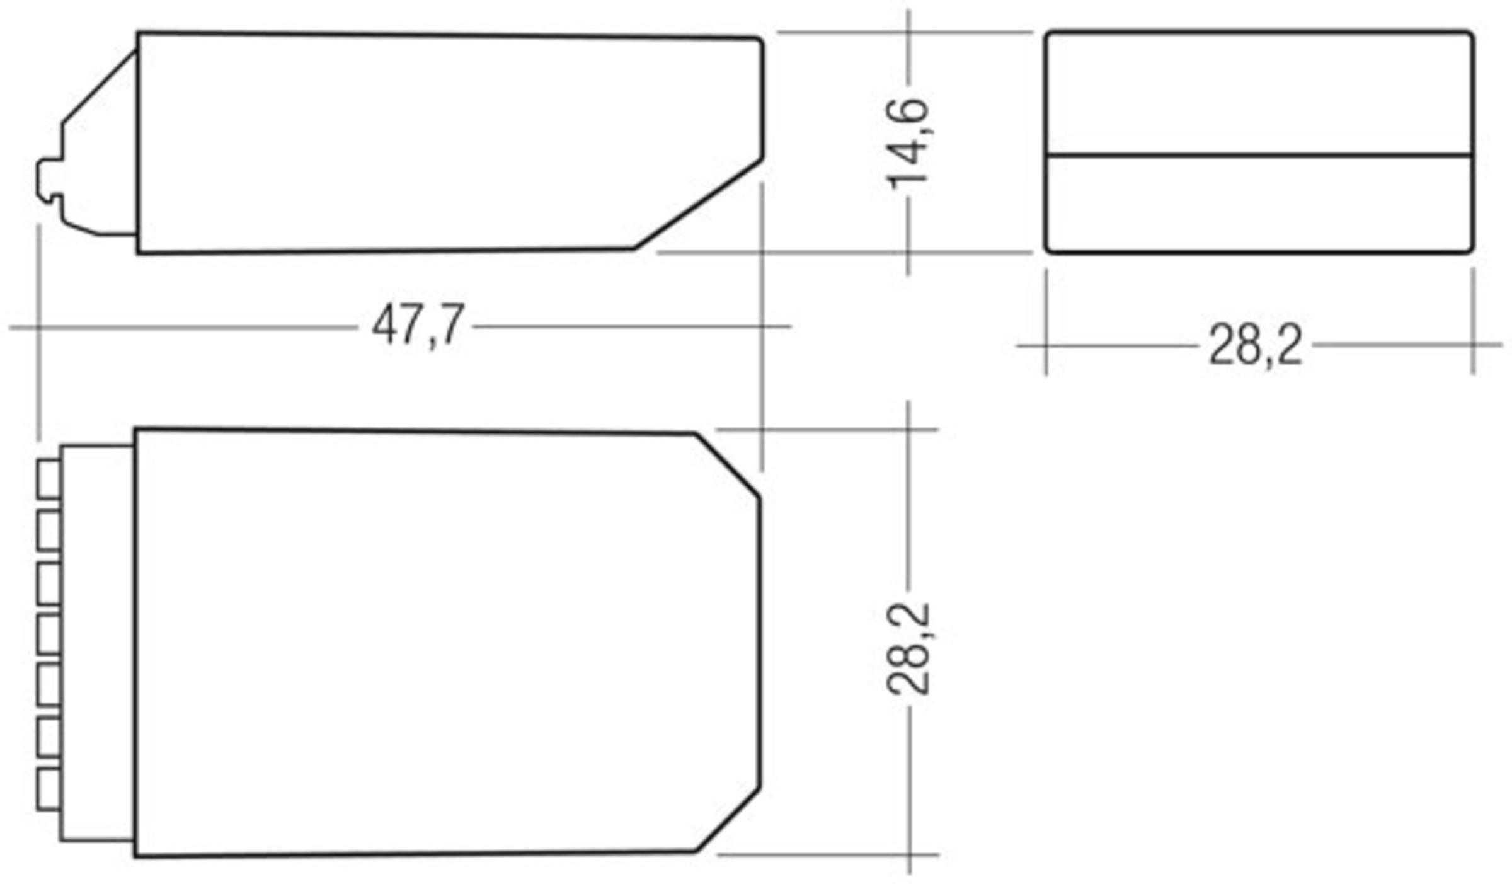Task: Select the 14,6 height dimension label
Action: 908,144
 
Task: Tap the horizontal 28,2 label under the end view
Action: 1255,345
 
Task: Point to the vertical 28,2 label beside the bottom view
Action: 908,650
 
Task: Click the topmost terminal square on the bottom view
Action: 49,479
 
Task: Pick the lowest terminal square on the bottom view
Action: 49,788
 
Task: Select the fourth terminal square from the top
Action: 49,634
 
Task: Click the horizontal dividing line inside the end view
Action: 1259,154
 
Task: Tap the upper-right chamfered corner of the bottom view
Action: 728,465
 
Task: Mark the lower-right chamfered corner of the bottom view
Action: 728,820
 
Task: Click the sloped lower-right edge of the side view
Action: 698,203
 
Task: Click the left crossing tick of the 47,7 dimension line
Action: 39,327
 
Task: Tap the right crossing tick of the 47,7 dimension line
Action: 762,326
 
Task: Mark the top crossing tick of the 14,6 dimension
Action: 908,32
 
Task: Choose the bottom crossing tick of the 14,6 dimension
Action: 908,252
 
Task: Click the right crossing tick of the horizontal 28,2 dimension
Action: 1473,345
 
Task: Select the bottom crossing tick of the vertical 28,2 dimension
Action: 908,855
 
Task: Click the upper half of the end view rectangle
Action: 1259,93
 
